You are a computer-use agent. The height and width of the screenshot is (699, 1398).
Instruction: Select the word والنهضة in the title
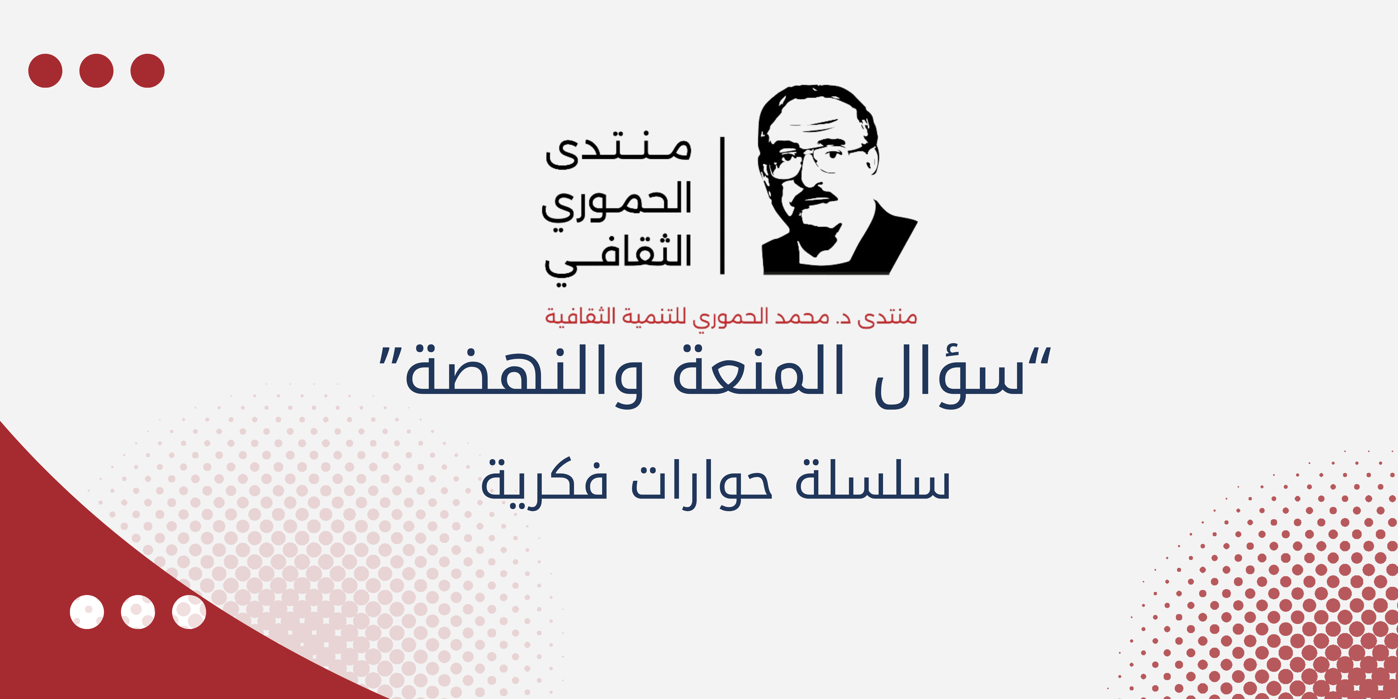pyautogui.click(x=524, y=374)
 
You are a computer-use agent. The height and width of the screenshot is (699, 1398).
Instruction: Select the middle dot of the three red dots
pyautogui.click(x=96, y=71)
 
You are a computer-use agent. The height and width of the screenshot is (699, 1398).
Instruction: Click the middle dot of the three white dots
pyautogui.click(x=138, y=612)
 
